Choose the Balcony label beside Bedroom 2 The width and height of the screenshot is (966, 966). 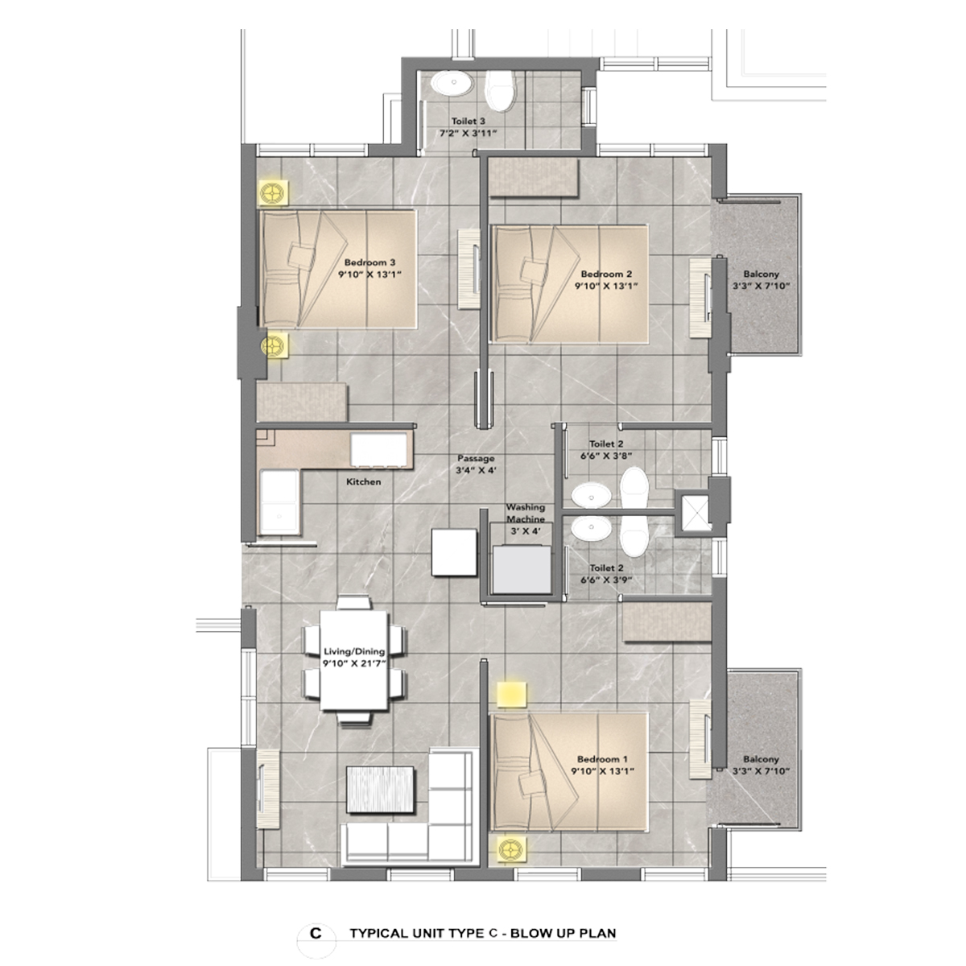click(761, 274)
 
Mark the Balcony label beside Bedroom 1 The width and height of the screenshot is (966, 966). click(761, 759)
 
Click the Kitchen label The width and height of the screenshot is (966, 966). click(363, 481)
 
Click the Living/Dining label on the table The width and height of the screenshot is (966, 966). click(353, 652)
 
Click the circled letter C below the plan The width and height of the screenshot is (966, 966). click(316, 934)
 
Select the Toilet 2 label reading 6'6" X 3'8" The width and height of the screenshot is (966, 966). click(605, 449)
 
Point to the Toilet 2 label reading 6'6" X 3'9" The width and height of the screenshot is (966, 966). click(605, 573)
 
